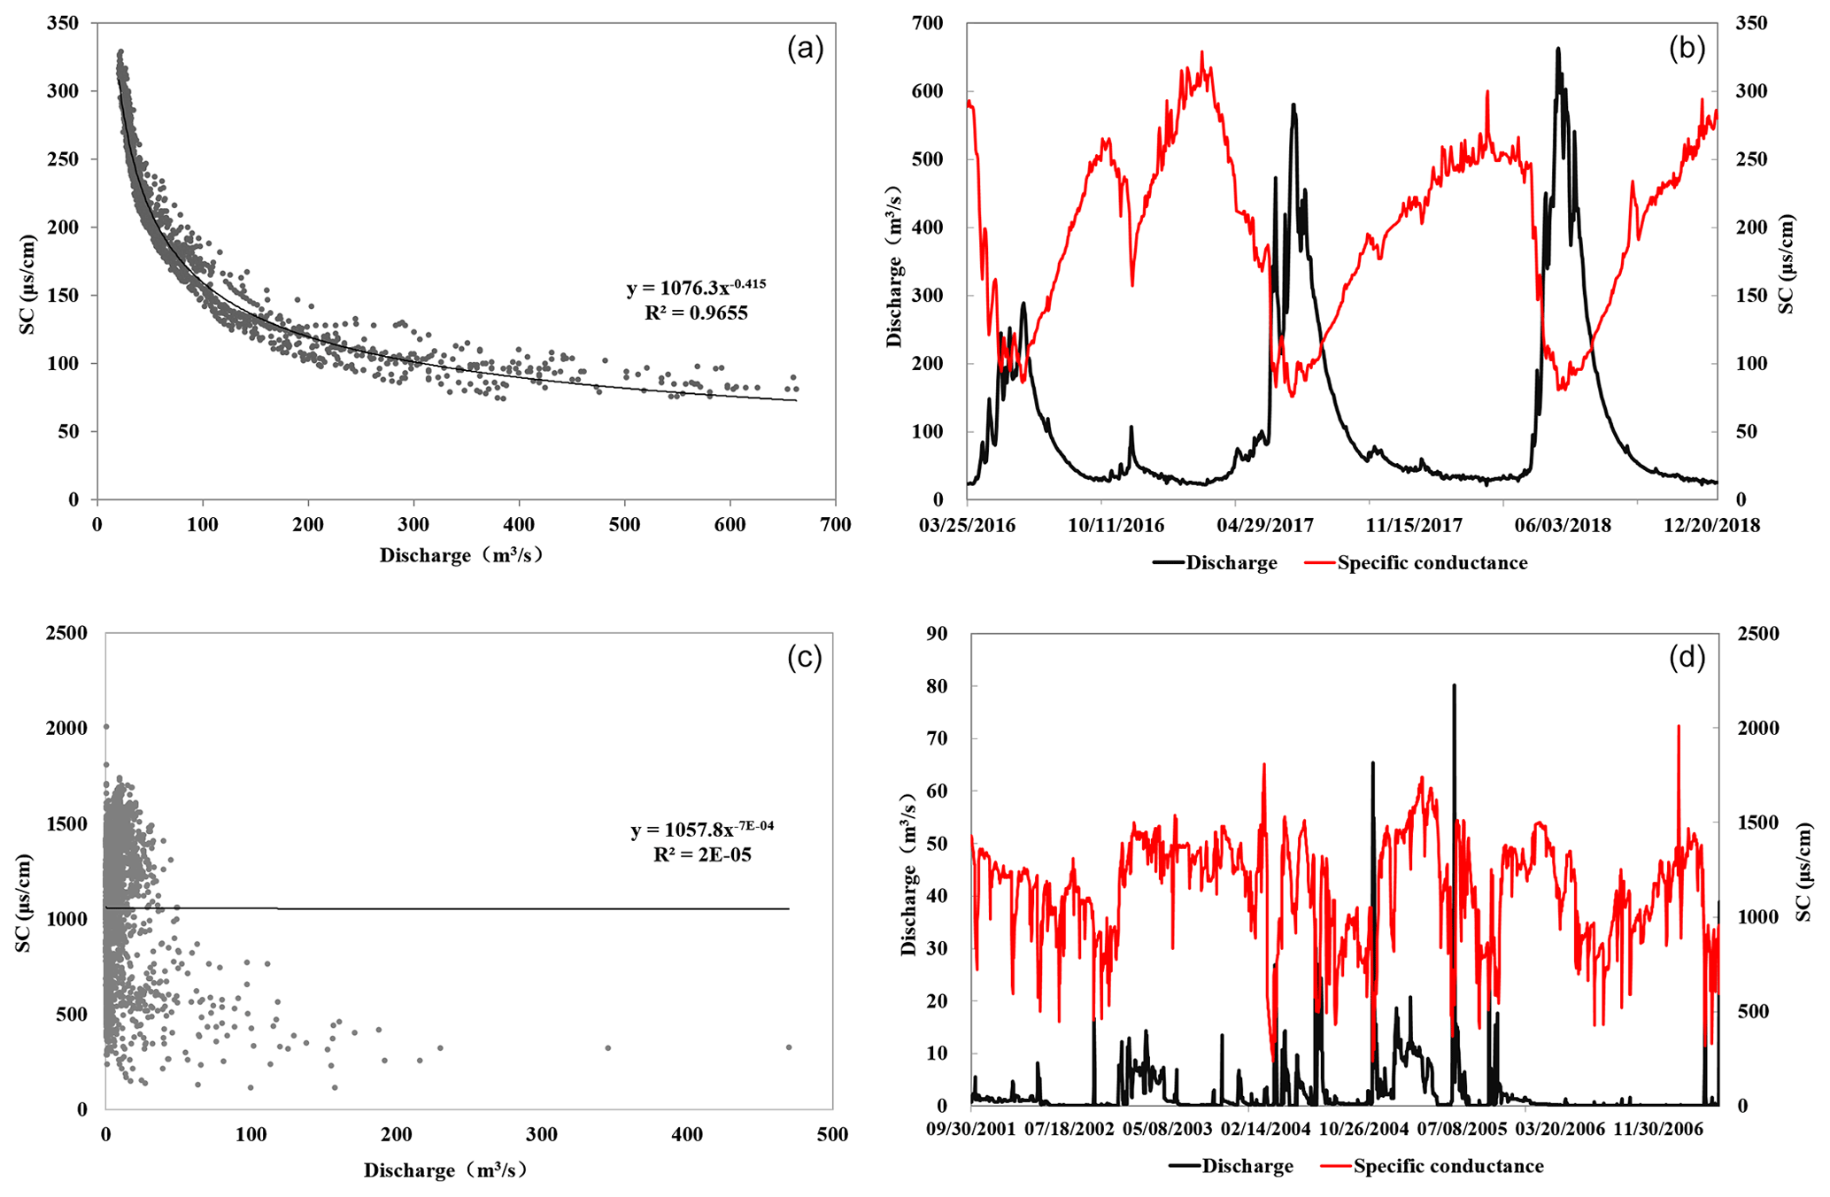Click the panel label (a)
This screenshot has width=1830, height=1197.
point(805,50)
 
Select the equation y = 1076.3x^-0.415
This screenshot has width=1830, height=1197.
point(696,288)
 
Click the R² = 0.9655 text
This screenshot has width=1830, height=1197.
point(696,313)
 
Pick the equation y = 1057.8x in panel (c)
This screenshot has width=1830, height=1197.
point(702,830)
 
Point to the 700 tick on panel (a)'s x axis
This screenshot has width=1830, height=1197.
point(835,525)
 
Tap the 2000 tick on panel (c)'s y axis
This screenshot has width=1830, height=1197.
point(66,728)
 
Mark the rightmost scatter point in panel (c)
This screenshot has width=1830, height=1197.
point(789,1047)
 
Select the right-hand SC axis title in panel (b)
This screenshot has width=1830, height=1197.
point(1787,264)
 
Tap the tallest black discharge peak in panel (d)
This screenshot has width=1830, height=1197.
point(1453,686)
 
